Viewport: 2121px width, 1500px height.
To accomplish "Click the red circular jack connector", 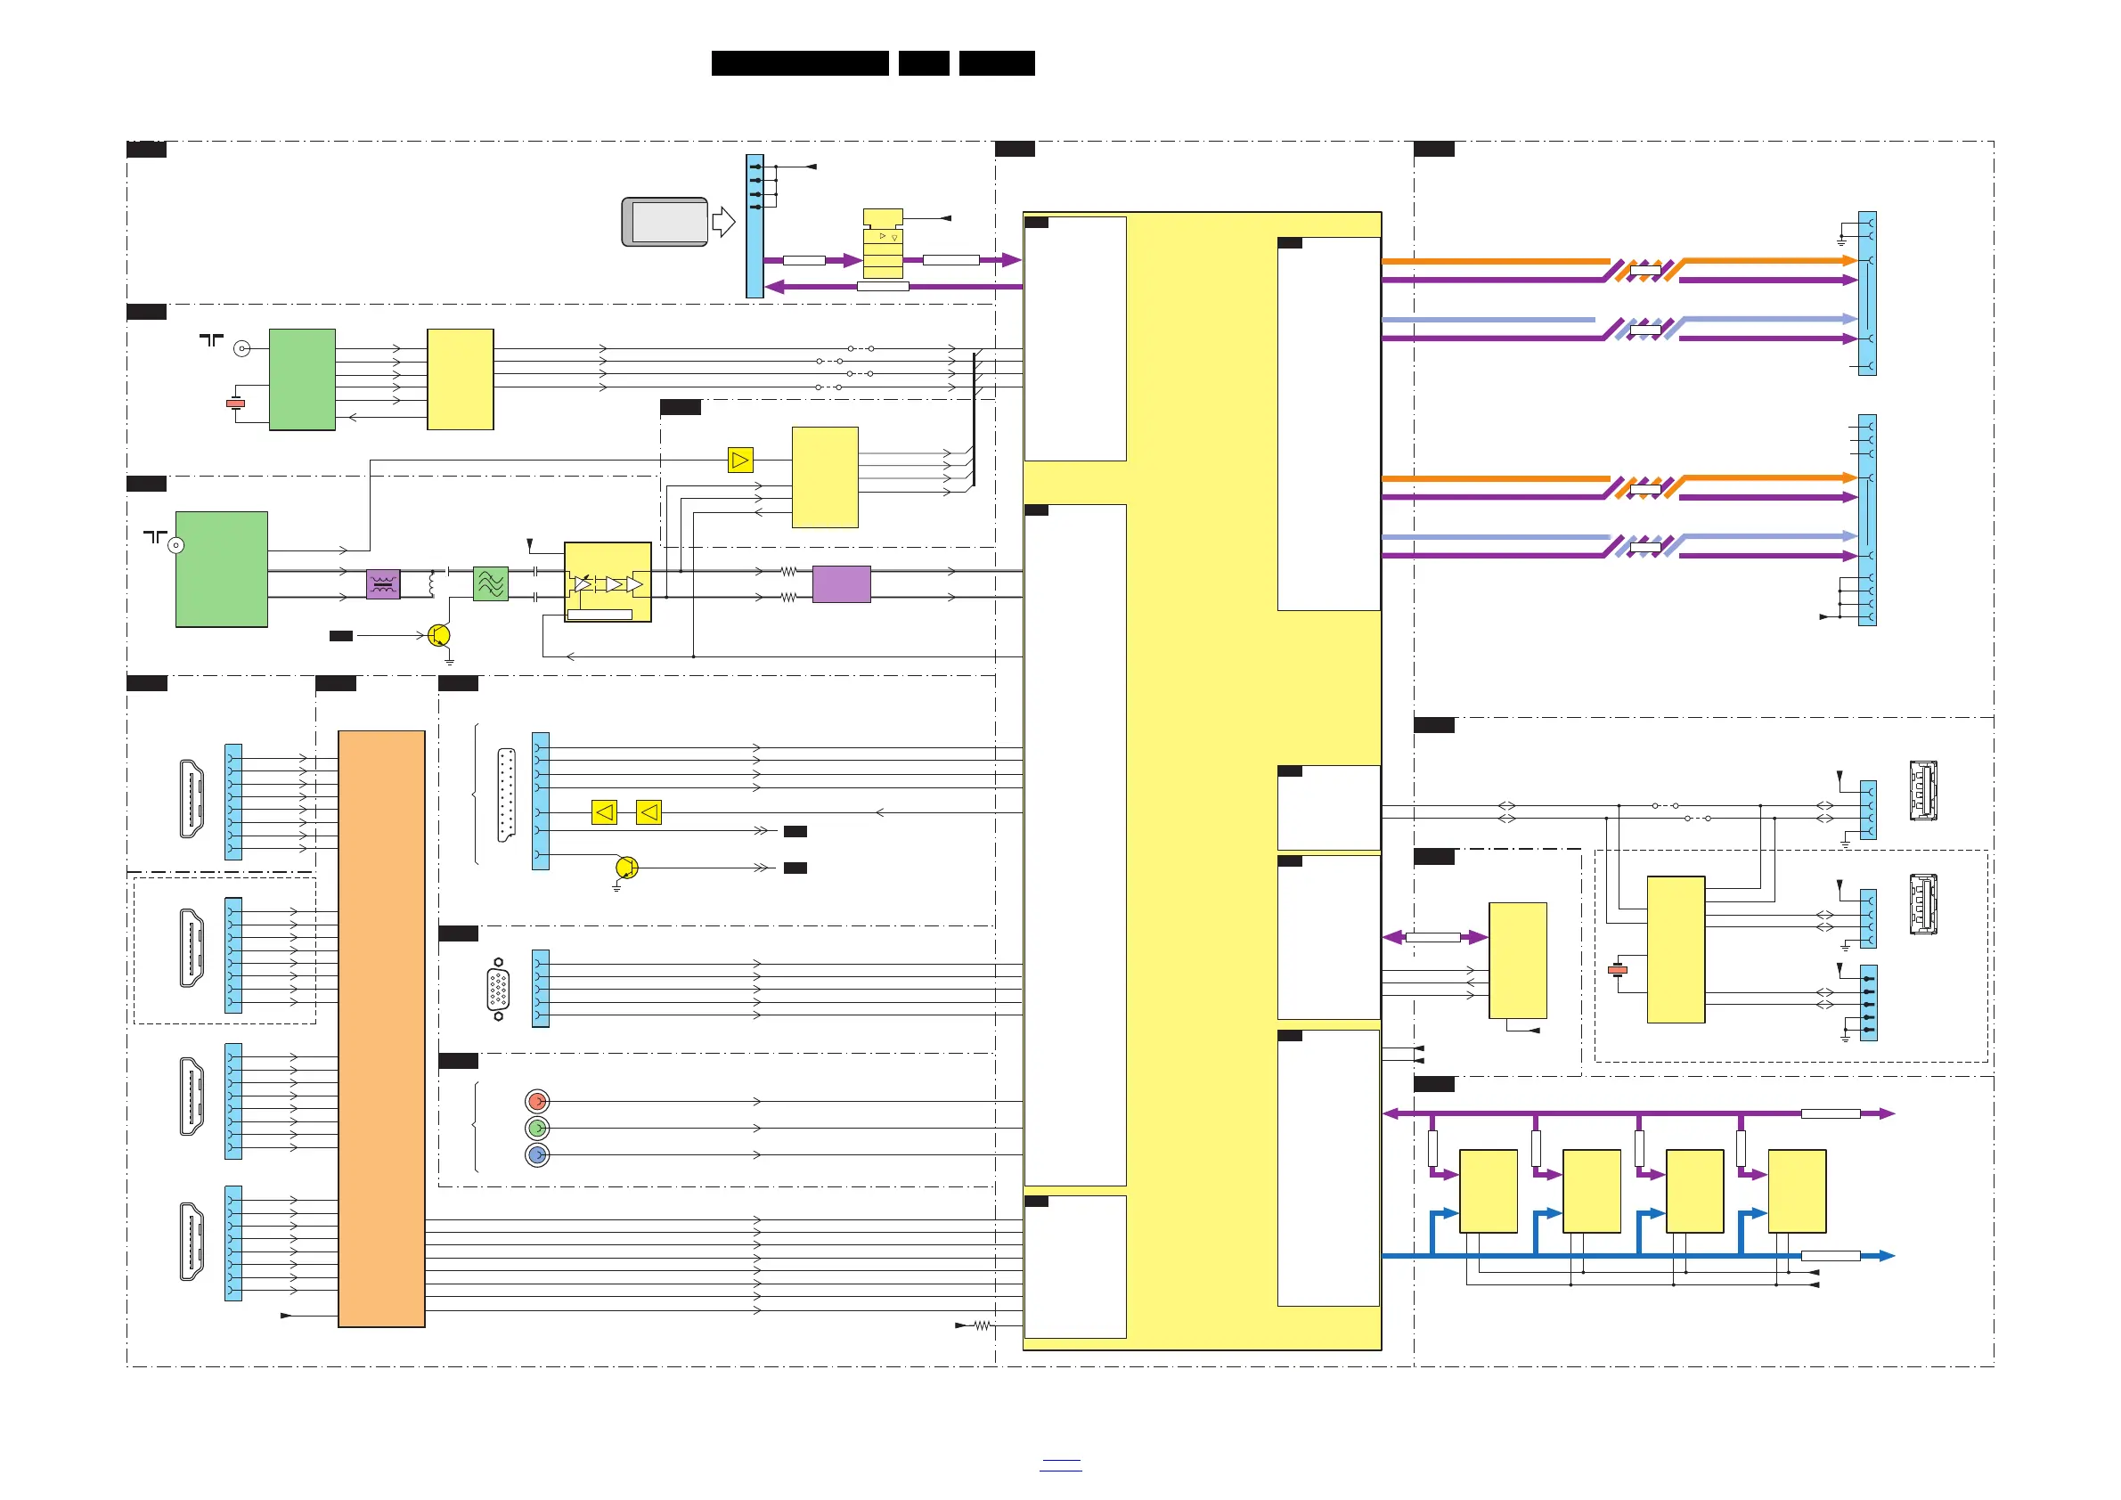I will pyautogui.click(x=537, y=1101).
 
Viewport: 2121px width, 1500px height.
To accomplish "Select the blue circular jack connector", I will pyautogui.click(x=537, y=1154).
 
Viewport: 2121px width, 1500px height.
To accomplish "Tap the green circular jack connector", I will pyautogui.click(x=537, y=1128).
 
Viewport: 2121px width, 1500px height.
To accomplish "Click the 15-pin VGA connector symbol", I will pyautogui.click(x=498, y=990).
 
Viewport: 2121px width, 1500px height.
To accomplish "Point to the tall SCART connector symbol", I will pyautogui.click(x=506, y=795).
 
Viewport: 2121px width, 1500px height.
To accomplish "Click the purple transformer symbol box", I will pyautogui.click(x=383, y=583).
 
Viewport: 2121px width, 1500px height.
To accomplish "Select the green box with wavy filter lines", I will pyautogui.click(x=491, y=583).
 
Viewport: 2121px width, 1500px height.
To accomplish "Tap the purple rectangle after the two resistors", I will pyautogui.click(x=841, y=583).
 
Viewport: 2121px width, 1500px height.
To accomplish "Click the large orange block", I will pyautogui.click(x=381, y=1028).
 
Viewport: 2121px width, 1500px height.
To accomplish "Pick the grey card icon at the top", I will pyautogui.click(x=665, y=222).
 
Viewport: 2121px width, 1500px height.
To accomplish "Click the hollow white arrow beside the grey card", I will pyautogui.click(x=723, y=222).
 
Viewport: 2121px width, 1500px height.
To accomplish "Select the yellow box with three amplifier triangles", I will pyautogui.click(x=607, y=582).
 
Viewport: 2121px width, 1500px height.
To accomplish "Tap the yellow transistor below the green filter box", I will pyautogui.click(x=439, y=635).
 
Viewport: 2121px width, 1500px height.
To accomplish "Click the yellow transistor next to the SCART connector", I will pyautogui.click(x=626, y=868).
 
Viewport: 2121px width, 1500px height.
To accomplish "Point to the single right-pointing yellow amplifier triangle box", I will pyautogui.click(x=740, y=460).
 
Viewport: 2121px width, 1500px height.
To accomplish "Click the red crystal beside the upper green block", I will pyautogui.click(x=235, y=404).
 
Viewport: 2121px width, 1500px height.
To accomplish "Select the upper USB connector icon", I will pyautogui.click(x=1922, y=790).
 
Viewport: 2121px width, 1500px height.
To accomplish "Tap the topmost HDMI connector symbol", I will pyautogui.click(x=192, y=799).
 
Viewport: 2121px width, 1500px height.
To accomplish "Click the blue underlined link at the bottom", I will pyautogui.click(x=1059, y=1464).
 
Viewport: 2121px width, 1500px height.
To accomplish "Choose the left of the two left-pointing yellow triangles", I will pyautogui.click(x=604, y=813).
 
